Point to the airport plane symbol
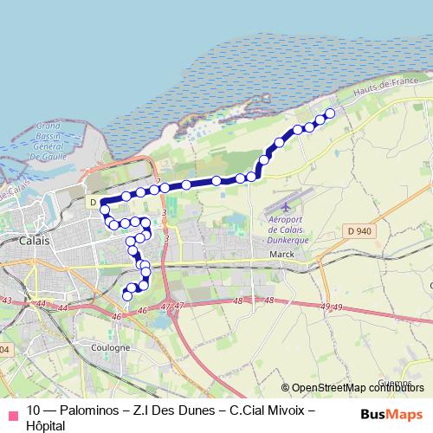(x=287, y=208)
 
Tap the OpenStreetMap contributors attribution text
(x=362, y=388)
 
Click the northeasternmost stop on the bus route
(x=329, y=113)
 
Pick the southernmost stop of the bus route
(x=127, y=295)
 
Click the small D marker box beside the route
(x=92, y=202)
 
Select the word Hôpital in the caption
(x=46, y=425)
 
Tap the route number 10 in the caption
(x=34, y=410)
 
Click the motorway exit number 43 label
(x=7, y=300)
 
